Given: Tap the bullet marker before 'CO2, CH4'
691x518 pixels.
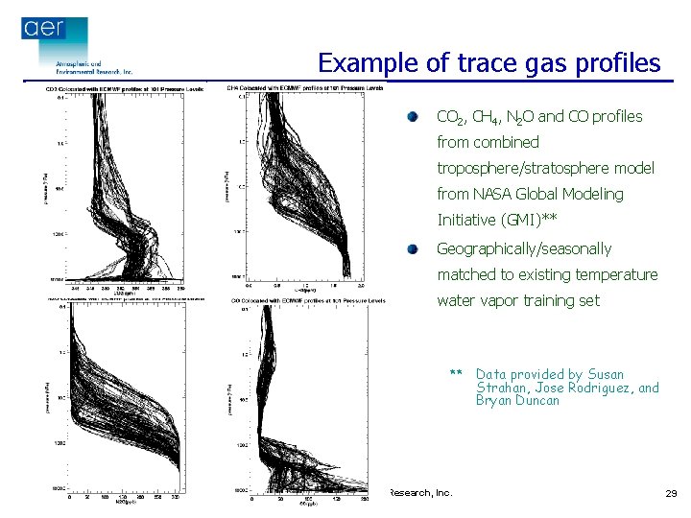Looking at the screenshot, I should pyautogui.click(x=412, y=116).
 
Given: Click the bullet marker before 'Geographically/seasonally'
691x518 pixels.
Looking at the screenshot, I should pyautogui.click(x=412, y=248).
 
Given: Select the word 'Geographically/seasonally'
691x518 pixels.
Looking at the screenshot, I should pyautogui.click(x=523, y=248).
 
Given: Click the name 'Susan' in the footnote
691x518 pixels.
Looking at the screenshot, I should pyautogui.click(x=606, y=374).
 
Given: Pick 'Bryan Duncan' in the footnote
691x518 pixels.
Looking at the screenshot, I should pyautogui.click(x=517, y=400).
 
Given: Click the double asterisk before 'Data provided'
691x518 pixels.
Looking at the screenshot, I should pyautogui.click(x=456, y=374).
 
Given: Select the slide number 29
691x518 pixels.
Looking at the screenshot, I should pyautogui.click(x=670, y=493).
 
